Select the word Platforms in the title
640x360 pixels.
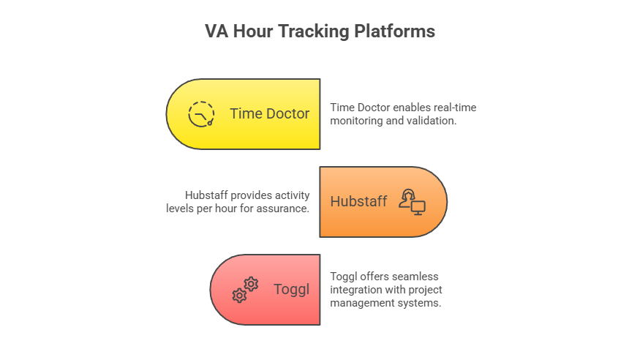[x=395, y=31]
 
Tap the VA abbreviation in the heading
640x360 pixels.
[x=217, y=31]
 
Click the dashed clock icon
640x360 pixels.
[x=201, y=114]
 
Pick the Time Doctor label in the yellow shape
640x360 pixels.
[x=269, y=113]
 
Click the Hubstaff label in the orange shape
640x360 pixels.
[x=358, y=201]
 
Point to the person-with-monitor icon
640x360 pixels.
[x=413, y=202]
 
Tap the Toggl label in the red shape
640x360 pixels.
[x=291, y=289]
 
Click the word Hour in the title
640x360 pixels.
[x=253, y=31]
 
